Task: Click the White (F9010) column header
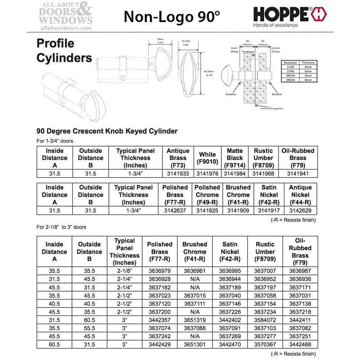(207, 158)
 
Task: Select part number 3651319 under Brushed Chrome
(194, 319)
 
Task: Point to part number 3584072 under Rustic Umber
(265, 319)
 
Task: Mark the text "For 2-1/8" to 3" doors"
(61, 227)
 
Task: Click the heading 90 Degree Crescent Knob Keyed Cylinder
(107, 131)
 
